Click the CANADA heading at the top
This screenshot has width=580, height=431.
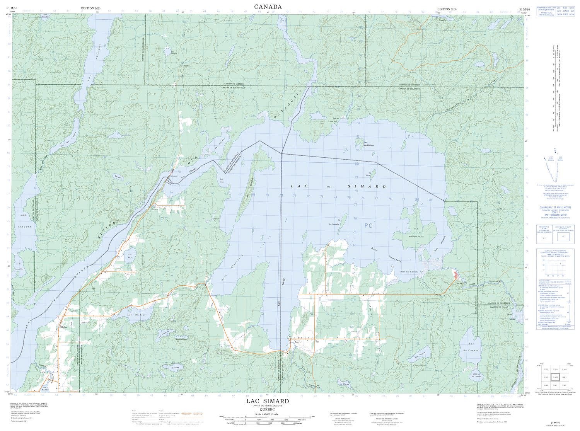point(268,6)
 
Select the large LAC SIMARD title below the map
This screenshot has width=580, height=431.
point(268,401)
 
